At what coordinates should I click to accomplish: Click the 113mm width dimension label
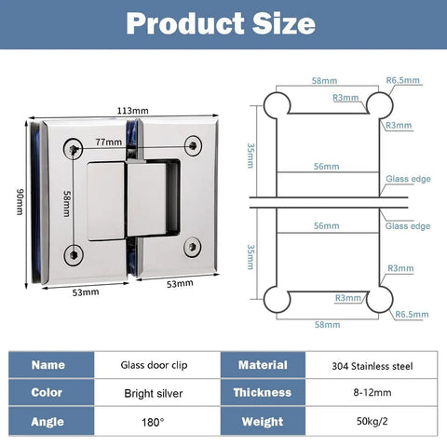pos(132,111)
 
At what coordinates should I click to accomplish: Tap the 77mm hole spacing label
pos(109,142)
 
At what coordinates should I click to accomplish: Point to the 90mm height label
pos(20,202)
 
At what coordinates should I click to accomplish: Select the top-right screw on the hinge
pos(193,145)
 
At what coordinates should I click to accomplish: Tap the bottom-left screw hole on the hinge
pos(74,255)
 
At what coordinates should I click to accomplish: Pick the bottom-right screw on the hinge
pos(192,247)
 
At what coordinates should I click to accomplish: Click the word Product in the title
pos(185,23)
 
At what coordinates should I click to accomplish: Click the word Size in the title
pos(284,23)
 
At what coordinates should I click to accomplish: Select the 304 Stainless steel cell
pos(372,366)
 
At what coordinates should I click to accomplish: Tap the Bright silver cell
pos(154,393)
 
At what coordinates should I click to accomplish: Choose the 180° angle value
pos(153,422)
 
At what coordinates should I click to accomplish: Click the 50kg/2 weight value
pos(372,421)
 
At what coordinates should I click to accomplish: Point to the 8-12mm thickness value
pos(372,393)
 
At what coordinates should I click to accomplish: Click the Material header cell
pos(263,365)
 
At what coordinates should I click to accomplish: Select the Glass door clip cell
pos(154,365)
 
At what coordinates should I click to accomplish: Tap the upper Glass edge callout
pos(408,179)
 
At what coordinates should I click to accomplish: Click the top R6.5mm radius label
pos(402,80)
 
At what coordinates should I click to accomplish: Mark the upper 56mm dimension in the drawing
pos(326,167)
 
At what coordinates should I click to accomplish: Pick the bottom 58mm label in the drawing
pos(327,325)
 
